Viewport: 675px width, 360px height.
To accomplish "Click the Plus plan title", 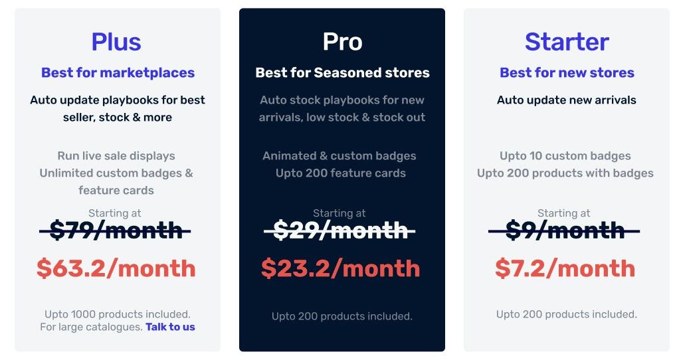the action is tap(116, 42).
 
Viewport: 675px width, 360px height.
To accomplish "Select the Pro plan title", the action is tap(342, 42).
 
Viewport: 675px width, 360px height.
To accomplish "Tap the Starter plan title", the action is tap(567, 42).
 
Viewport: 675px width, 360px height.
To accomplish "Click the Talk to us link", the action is tap(170, 327).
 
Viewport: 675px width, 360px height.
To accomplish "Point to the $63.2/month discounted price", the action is tap(116, 268).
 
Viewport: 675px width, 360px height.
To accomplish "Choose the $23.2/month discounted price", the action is tap(341, 268).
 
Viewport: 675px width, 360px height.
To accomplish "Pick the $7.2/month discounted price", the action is tap(565, 268).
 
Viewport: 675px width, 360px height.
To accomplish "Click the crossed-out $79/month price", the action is tap(115, 230).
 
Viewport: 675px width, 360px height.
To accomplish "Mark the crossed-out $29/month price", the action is tap(339, 230).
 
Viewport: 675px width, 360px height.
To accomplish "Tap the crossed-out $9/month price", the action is tap(564, 230).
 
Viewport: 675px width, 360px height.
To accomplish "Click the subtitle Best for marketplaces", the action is tap(118, 73).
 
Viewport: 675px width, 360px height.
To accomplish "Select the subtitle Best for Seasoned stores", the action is tap(342, 73).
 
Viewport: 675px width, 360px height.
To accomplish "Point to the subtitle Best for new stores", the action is tap(567, 73).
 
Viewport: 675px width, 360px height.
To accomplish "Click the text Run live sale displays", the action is tap(116, 156).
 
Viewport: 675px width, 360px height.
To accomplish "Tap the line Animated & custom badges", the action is tap(339, 156).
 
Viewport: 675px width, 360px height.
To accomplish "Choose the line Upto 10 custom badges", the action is tap(565, 156).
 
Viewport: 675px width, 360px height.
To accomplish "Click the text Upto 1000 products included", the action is tap(118, 314).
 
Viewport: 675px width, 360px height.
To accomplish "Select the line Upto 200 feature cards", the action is tap(341, 173).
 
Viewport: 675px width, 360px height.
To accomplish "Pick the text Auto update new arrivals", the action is tap(567, 100).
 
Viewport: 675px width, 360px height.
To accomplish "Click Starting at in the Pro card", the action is tap(339, 213).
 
